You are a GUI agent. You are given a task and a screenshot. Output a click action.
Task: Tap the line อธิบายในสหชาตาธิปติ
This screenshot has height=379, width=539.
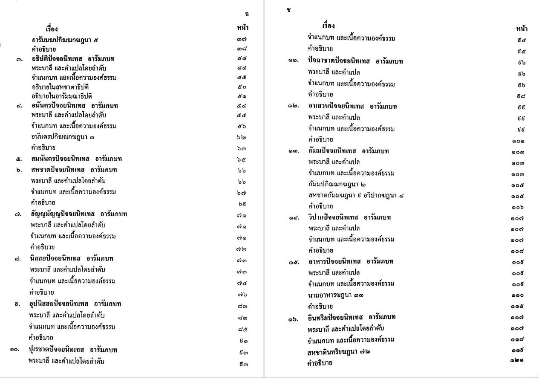click(60, 87)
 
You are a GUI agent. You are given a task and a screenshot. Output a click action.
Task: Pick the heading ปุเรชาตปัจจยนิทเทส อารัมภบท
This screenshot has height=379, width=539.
click(73, 350)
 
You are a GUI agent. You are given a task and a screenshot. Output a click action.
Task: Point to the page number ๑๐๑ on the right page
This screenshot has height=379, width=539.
click(518, 140)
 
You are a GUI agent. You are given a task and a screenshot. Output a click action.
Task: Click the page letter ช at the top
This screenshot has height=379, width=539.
click(289, 10)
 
